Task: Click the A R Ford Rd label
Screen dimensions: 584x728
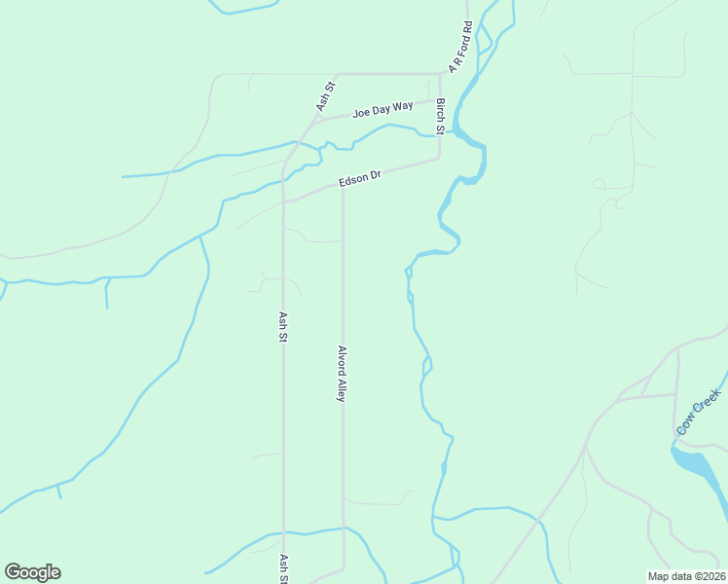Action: [460, 47]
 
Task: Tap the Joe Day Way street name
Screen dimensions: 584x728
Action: [382, 109]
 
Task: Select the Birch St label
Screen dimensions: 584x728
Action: [441, 116]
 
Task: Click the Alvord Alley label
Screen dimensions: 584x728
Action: [342, 373]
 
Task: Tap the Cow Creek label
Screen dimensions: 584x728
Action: [698, 411]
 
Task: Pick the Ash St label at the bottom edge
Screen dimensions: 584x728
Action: [284, 568]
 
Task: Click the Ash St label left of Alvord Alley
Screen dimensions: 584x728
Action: [283, 326]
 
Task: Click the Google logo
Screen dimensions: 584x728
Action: [32, 572]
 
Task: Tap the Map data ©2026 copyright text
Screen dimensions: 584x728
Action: [686, 576]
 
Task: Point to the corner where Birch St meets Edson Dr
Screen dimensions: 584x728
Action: [440, 159]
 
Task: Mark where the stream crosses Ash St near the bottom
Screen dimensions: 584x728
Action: [284, 533]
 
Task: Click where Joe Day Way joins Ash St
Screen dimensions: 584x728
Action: [316, 119]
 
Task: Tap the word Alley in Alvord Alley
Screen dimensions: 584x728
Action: [342, 389]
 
